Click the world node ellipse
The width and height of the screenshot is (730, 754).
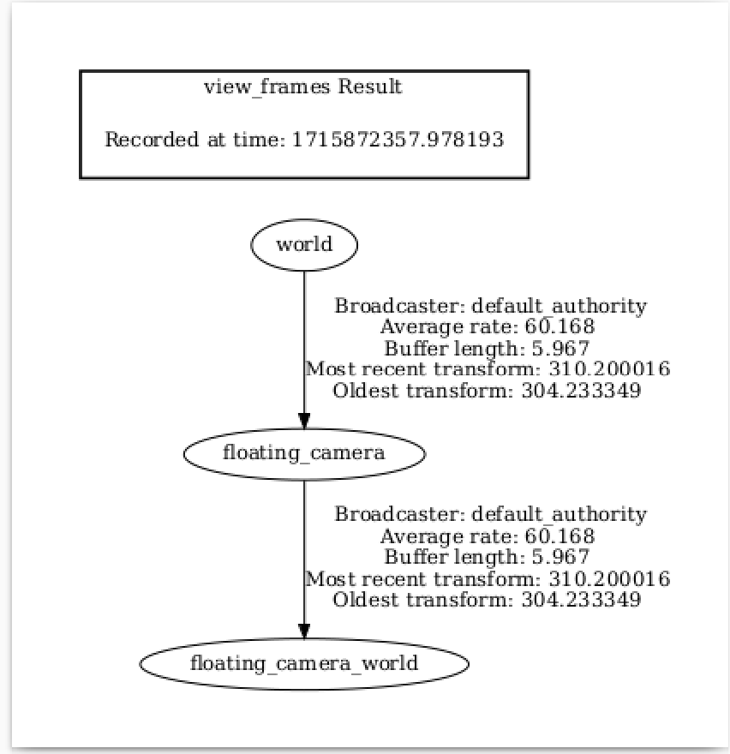(x=304, y=245)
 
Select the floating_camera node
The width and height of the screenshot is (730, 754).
(x=304, y=453)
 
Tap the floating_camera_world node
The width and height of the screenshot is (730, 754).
(x=304, y=663)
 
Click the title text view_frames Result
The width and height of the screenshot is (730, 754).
(x=303, y=87)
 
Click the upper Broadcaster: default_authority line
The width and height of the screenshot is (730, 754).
(x=490, y=306)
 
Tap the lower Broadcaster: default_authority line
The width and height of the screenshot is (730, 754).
(x=490, y=515)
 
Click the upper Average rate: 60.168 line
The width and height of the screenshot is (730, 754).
(x=487, y=326)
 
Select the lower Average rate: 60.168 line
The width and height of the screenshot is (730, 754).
(x=487, y=536)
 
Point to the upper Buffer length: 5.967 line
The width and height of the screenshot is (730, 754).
(x=487, y=348)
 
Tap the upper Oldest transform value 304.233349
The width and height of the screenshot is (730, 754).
(x=581, y=390)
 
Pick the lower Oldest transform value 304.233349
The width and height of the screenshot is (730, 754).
(x=581, y=600)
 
